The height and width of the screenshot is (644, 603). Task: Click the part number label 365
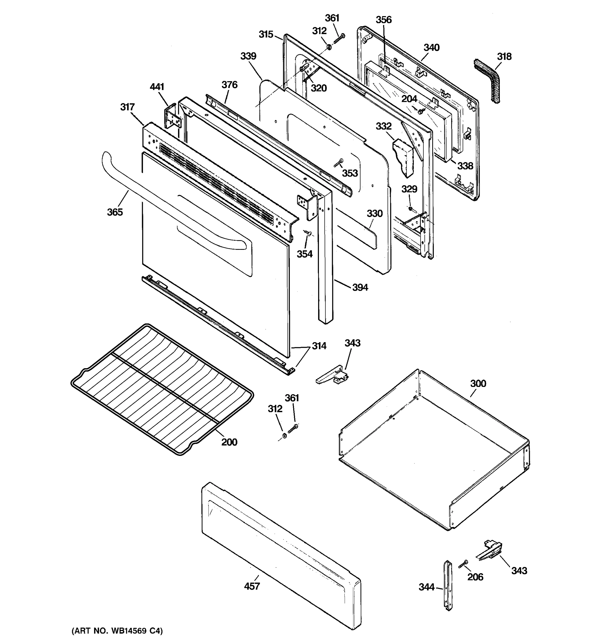click(115, 212)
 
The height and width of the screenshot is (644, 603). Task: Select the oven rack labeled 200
click(162, 389)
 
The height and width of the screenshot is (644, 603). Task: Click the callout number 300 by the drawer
click(478, 383)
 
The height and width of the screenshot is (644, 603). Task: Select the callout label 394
click(360, 287)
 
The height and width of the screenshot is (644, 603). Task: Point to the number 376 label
click(229, 85)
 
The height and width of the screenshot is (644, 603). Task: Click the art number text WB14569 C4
click(117, 631)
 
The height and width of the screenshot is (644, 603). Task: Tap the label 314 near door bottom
click(319, 346)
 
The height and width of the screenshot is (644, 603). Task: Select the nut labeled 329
click(410, 208)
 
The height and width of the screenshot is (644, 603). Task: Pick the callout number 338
click(465, 166)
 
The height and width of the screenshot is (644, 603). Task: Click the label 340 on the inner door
click(431, 47)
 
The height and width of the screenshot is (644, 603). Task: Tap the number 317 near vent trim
click(128, 107)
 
